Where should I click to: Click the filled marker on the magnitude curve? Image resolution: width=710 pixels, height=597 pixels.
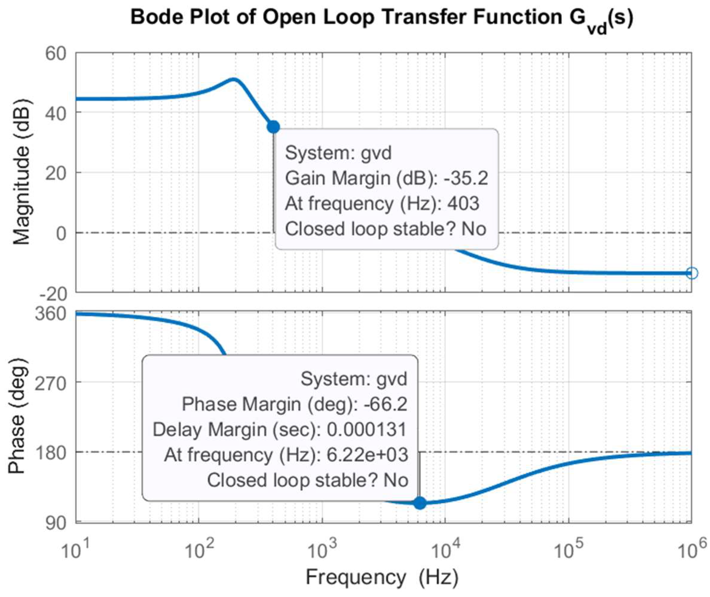(273, 127)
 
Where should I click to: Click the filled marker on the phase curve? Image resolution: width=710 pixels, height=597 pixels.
(420, 503)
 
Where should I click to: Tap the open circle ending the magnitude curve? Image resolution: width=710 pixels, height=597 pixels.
(692, 273)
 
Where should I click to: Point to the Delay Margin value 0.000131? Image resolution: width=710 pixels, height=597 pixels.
(367, 429)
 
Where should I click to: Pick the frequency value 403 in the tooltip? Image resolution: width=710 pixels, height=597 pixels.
(463, 203)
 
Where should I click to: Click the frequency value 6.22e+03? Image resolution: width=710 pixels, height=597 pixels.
(367, 455)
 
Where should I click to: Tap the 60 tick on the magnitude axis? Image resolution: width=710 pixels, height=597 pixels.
(56, 54)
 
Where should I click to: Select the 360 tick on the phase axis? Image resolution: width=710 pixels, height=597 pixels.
(51, 314)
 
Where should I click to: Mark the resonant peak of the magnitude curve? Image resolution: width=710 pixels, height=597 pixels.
(233, 79)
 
